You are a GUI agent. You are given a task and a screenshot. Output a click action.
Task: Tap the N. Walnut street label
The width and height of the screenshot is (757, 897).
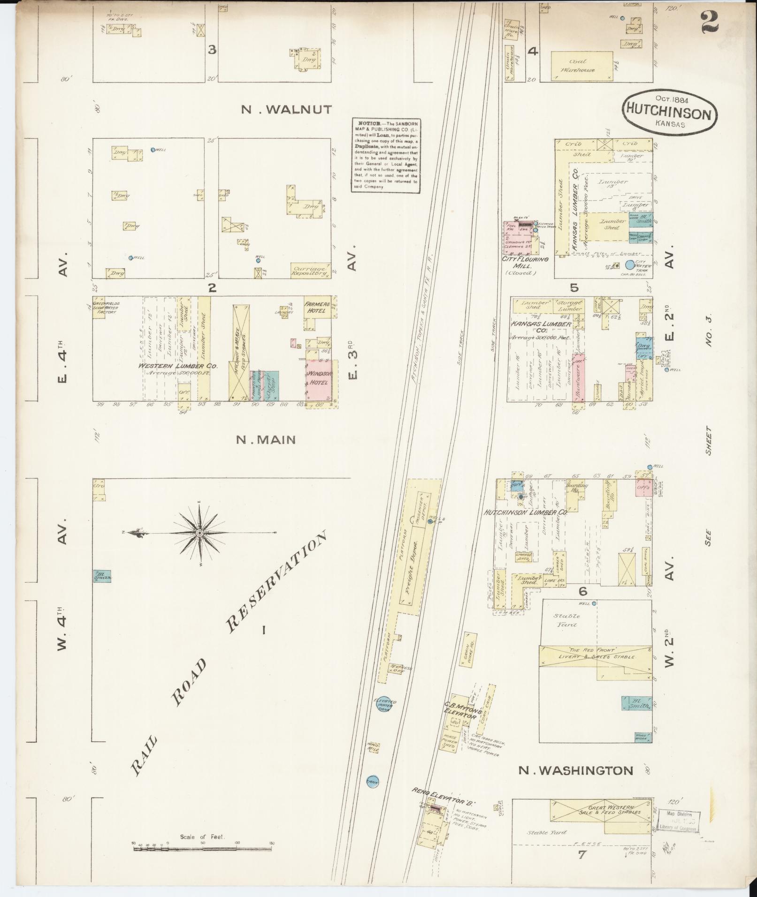pyautogui.click(x=286, y=110)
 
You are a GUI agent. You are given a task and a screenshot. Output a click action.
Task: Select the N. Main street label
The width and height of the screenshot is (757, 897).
pyautogui.click(x=266, y=440)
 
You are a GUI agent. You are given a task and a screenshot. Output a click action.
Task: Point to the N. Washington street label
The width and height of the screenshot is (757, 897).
pyautogui.click(x=576, y=770)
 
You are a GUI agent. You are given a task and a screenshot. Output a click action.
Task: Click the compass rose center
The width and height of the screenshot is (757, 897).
pyautogui.click(x=200, y=533)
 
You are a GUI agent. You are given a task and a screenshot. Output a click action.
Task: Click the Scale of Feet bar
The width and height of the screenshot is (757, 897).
pyautogui.click(x=203, y=848)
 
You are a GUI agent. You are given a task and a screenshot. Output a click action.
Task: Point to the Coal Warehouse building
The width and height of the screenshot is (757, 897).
pyautogui.click(x=582, y=65)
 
